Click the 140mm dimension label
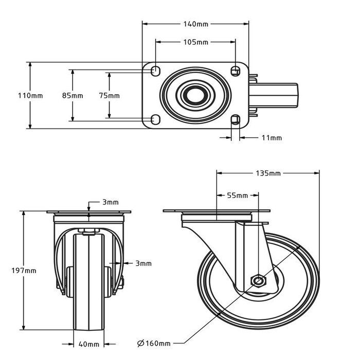(195, 24)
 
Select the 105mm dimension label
(195, 42)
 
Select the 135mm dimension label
(268, 173)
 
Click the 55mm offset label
(238, 195)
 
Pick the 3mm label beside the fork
(144, 264)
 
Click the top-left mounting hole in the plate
(155, 70)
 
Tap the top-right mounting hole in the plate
(236, 70)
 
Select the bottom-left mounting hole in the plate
(155, 120)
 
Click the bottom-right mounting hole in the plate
(236, 120)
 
